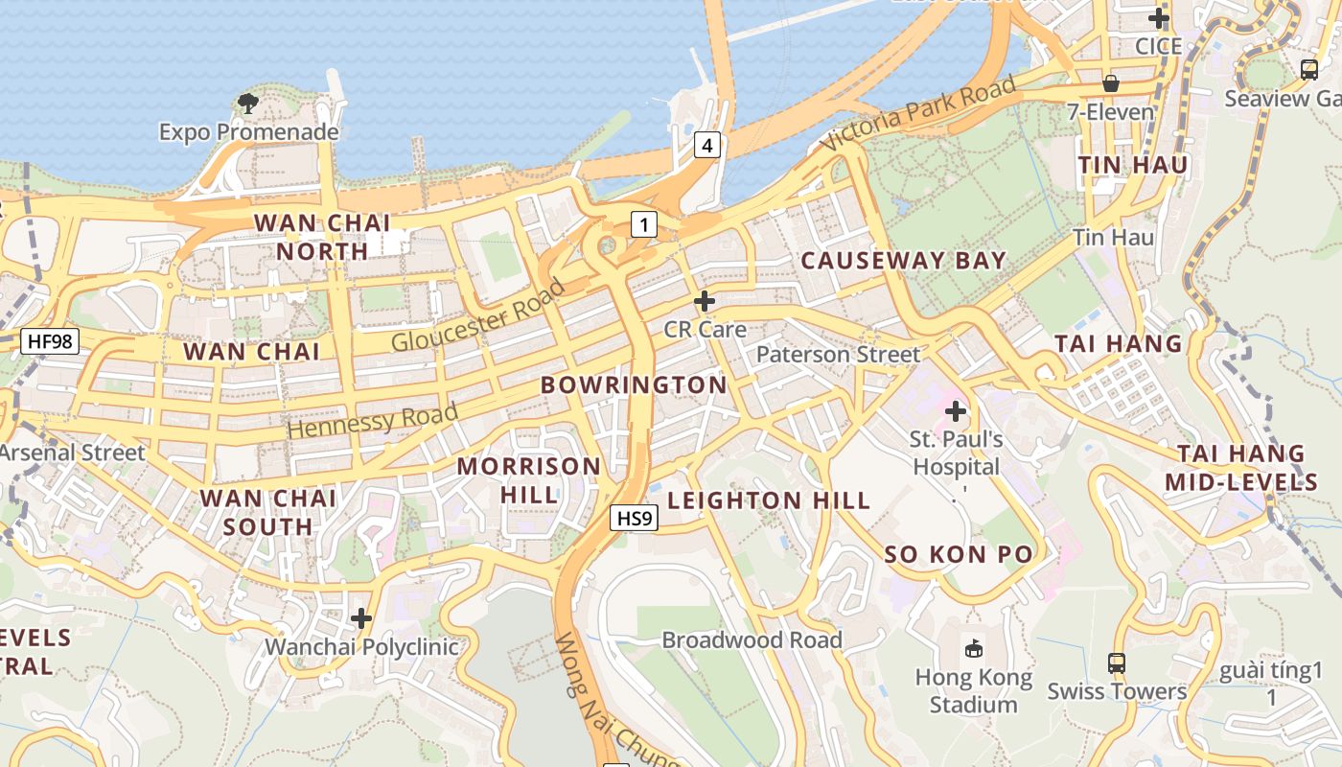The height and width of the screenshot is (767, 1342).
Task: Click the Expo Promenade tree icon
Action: (x=248, y=103)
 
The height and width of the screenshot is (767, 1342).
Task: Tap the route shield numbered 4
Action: (x=706, y=146)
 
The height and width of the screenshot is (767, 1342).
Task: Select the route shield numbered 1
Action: (x=644, y=225)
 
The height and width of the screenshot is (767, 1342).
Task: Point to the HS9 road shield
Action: (x=635, y=519)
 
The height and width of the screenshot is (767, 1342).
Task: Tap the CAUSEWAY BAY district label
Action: (x=903, y=261)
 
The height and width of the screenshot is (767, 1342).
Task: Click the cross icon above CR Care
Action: (x=705, y=301)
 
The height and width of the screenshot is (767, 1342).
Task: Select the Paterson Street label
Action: (x=838, y=354)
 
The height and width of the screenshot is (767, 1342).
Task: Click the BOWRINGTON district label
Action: (x=634, y=385)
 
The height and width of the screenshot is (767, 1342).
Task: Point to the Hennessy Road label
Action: (x=372, y=421)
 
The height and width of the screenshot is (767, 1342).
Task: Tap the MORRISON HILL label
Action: (x=528, y=480)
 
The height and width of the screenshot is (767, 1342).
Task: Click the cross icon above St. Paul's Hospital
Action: (x=956, y=411)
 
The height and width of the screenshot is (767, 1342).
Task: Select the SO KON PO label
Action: (x=959, y=554)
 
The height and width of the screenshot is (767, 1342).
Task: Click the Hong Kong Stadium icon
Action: (x=974, y=649)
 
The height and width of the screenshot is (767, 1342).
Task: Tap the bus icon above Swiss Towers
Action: (x=1117, y=662)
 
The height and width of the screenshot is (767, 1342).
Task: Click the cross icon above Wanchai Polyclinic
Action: (x=361, y=618)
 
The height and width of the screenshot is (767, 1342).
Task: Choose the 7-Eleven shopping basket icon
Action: (x=1111, y=83)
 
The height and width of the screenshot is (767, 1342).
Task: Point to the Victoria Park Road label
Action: (x=918, y=113)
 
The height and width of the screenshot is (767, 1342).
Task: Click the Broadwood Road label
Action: (x=752, y=639)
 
